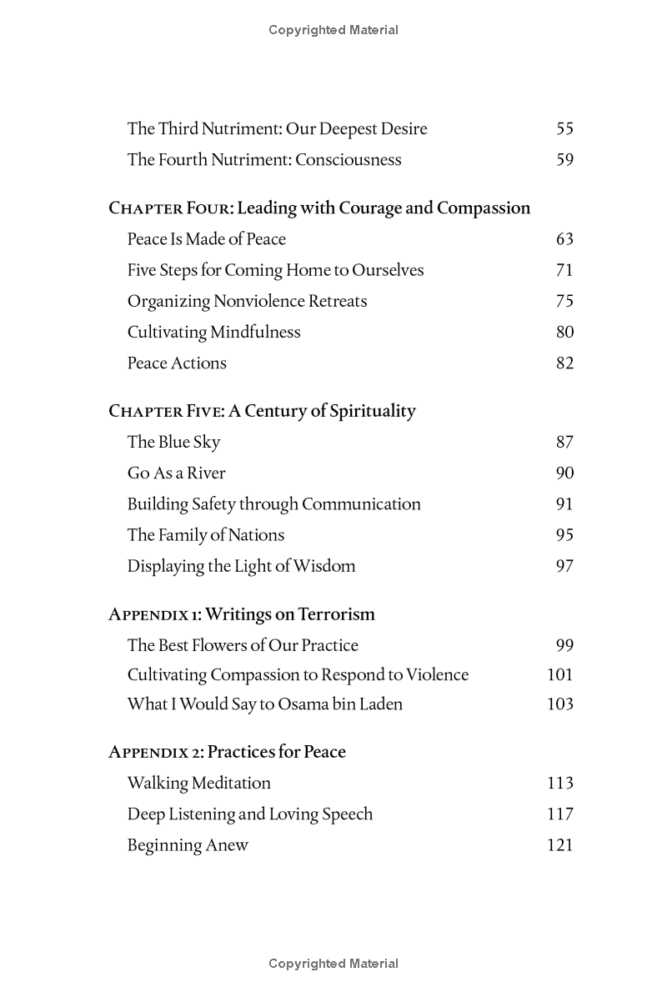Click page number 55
click(x=564, y=128)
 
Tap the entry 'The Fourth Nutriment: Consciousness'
click(x=263, y=159)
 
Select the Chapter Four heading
click(x=319, y=208)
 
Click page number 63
click(x=564, y=239)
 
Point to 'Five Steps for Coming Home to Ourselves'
click(x=275, y=270)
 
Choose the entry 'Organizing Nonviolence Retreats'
click(x=247, y=301)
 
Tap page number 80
click(x=564, y=332)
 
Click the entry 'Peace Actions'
click(x=177, y=363)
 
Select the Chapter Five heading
click(x=262, y=411)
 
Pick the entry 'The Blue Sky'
click(x=173, y=442)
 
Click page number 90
click(x=564, y=473)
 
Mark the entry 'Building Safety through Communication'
click(x=273, y=504)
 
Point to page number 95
click(x=564, y=534)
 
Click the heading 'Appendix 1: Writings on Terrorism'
click(x=242, y=614)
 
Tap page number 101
click(x=560, y=674)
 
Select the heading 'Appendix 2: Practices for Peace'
click(x=227, y=752)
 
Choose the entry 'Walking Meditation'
click(x=198, y=783)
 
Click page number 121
click(x=560, y=844)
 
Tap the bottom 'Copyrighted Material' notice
click(x=333, y=964)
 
